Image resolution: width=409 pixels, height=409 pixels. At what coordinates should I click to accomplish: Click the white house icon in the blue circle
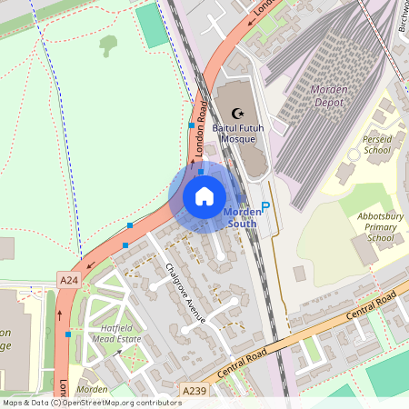pyautogui.click(x=204, y=195)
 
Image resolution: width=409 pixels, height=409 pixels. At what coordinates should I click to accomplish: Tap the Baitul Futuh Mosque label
pyautogui.click(x=238, y=135)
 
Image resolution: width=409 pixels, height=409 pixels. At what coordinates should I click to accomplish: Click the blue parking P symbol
pyautogui.click(x=265, y=206)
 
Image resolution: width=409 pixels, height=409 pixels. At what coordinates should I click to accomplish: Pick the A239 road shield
pyautogui.click(x=194, y=389)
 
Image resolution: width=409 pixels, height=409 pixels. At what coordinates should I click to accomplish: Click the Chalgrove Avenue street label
pyautogui.click(x=186, y=292)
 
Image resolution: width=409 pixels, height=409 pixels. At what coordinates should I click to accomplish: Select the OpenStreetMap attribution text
pyautogui.click(x=91, y=402)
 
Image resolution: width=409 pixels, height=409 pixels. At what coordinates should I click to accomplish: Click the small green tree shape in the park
pyautogui.click(x=109, y=44)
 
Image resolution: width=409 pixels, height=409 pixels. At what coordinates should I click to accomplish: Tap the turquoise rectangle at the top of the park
pyautogui.click(x=152, y=25)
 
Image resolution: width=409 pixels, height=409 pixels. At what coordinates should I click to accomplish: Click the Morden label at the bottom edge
pyautogui.click(x=92, y=389)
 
